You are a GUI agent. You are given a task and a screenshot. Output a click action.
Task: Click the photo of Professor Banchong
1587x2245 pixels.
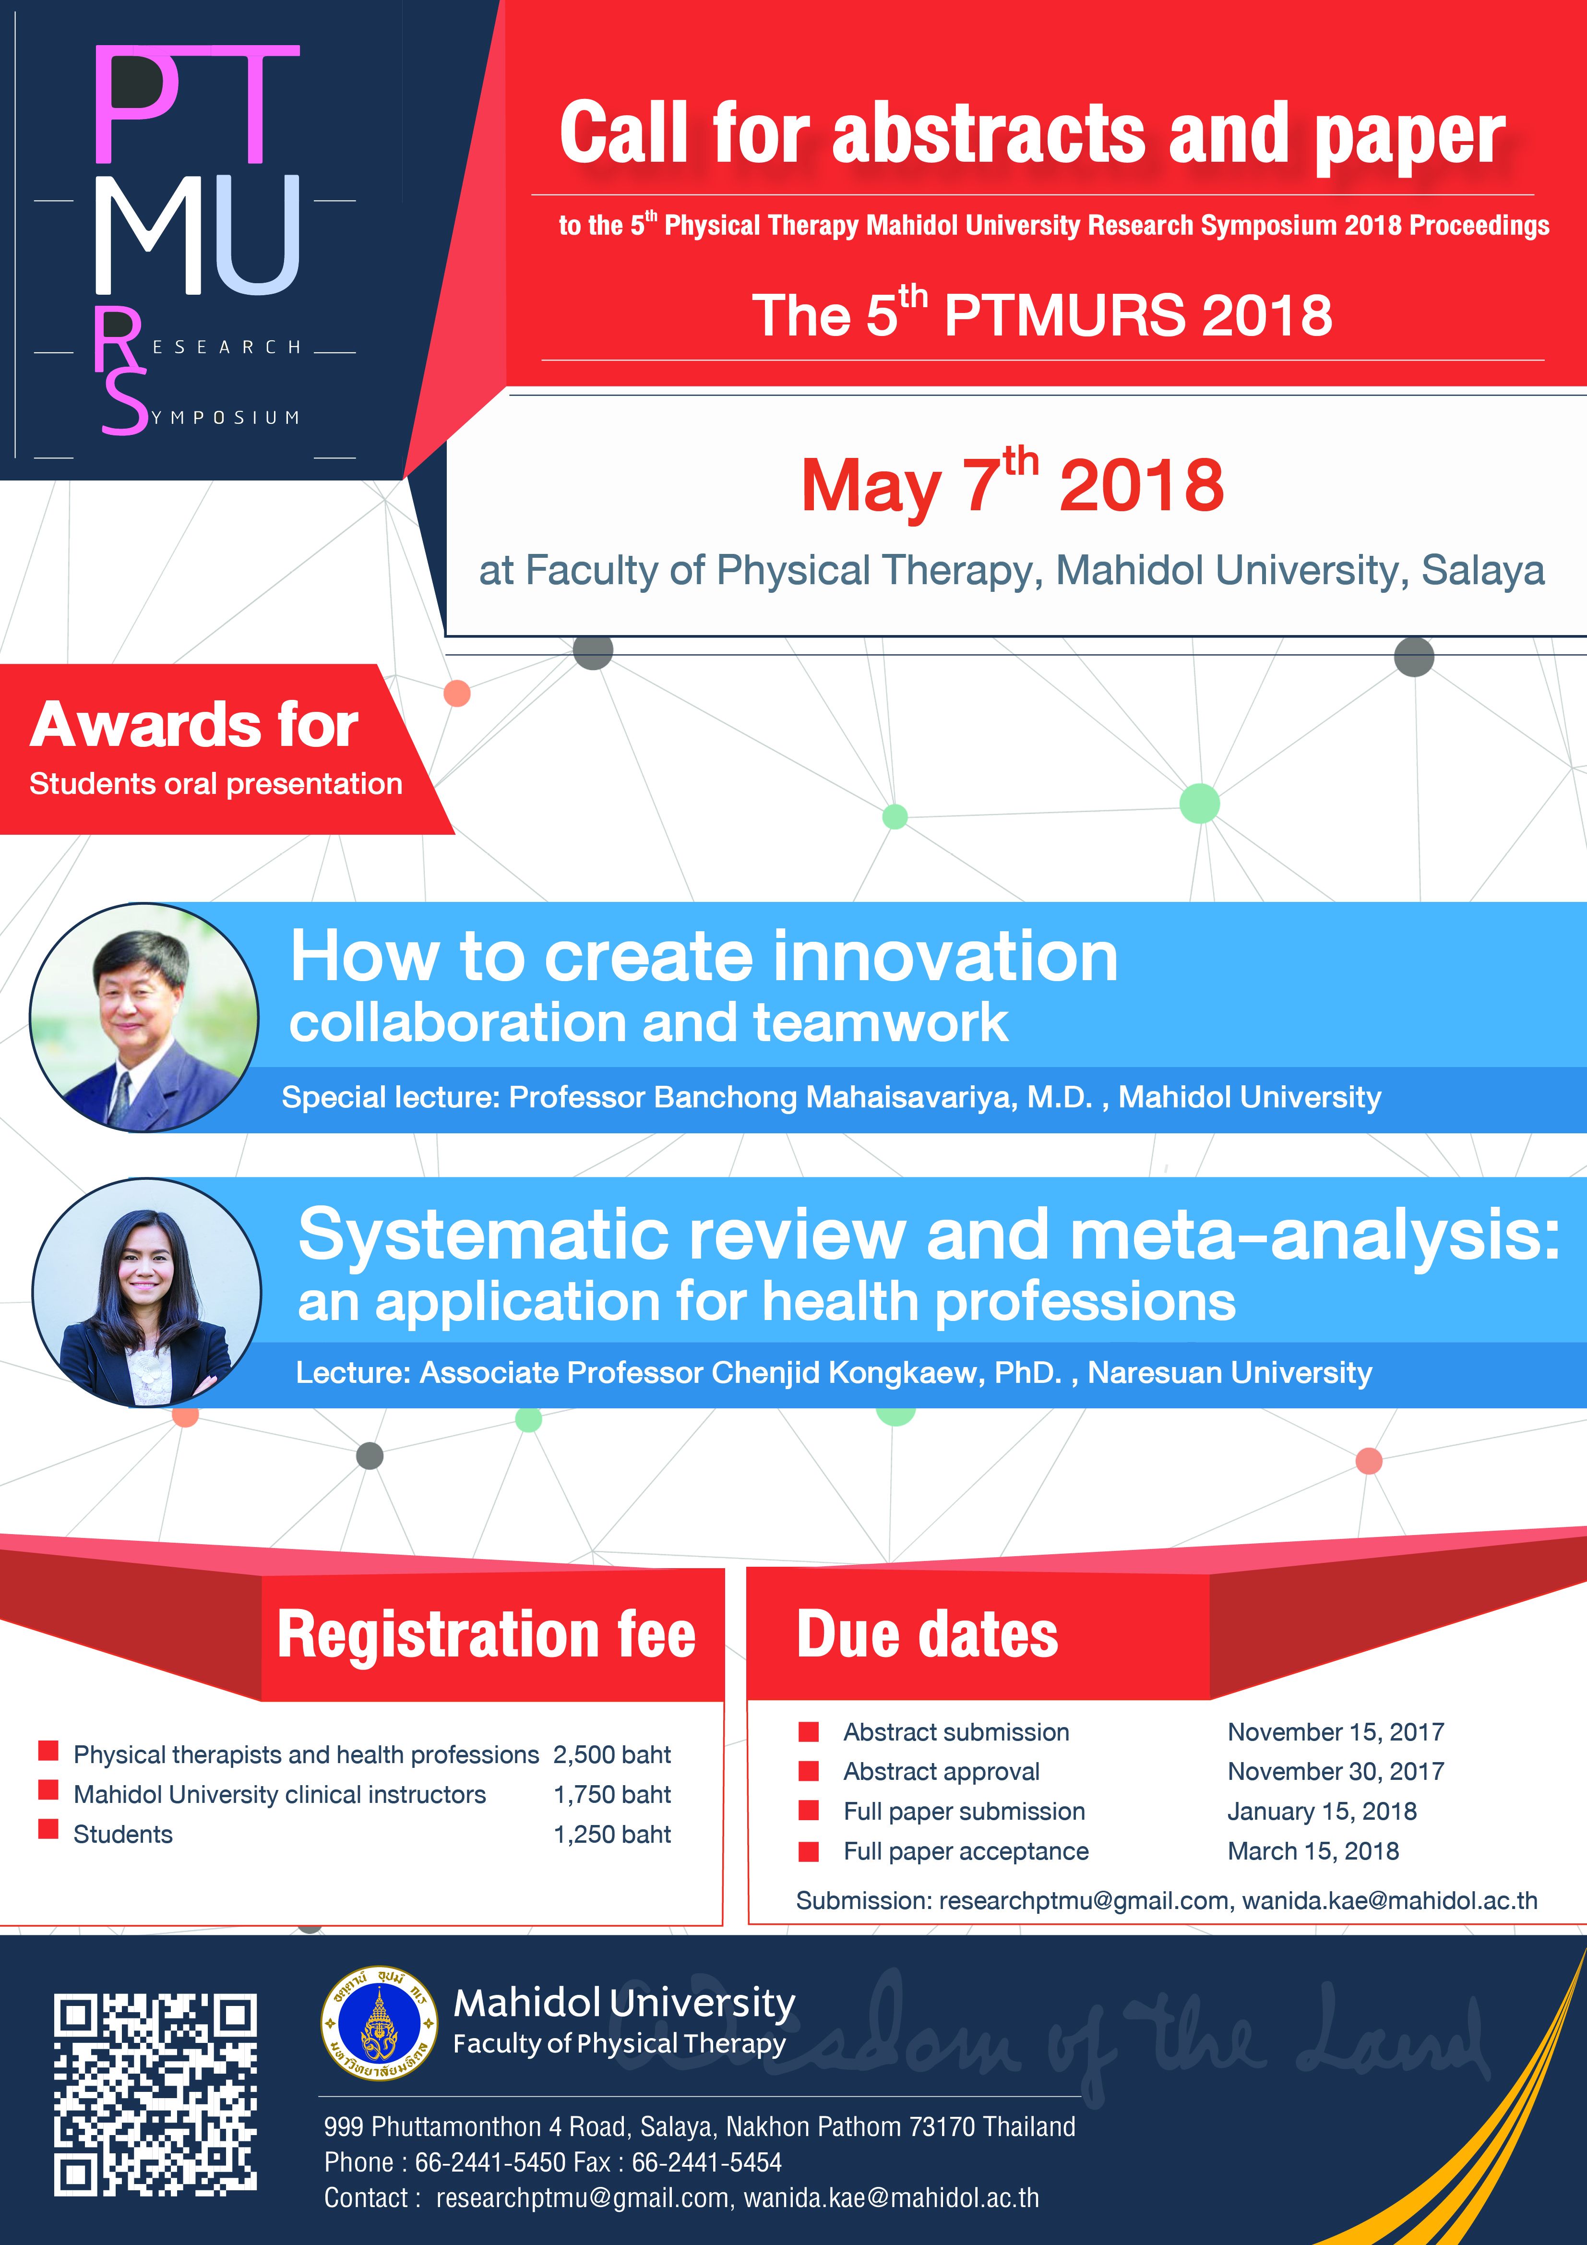[x=145, y=1017]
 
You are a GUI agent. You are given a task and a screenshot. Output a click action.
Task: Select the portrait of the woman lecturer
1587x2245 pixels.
[x=147, y=1293]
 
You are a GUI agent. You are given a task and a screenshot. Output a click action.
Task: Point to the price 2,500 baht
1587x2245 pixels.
[x=612, y=1755]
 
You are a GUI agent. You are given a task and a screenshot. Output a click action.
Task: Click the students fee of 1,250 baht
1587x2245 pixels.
[x=612, y=1834]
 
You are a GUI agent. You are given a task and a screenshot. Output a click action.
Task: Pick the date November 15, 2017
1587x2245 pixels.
[x=1336, y=1733]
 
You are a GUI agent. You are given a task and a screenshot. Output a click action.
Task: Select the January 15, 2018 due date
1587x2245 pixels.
[x=1322, y=1812]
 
